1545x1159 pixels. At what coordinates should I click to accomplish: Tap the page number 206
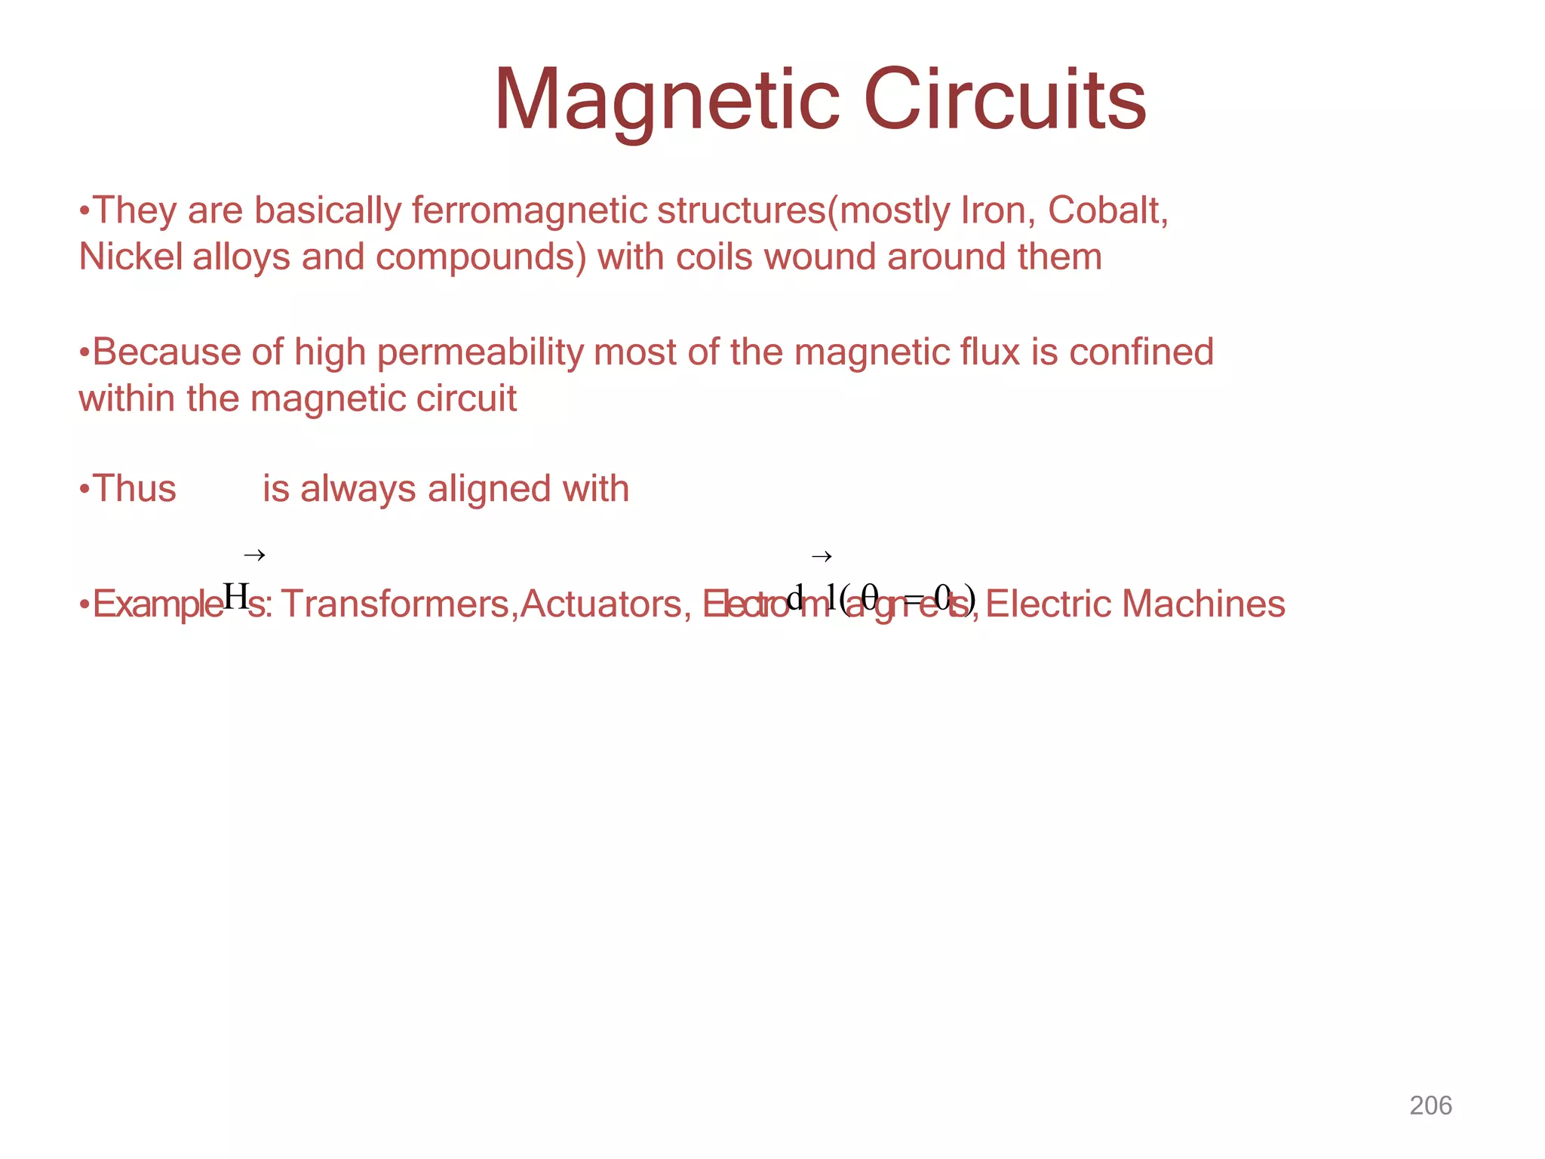(1430, 1105)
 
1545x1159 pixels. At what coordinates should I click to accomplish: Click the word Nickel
(131, 257)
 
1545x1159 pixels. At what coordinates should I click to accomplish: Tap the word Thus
(134, 489)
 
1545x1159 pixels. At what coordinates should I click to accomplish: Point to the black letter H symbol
(235, 597)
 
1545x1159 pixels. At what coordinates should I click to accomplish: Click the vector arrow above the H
(254, 556)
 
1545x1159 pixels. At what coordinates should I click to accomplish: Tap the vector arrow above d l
(822, 557)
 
